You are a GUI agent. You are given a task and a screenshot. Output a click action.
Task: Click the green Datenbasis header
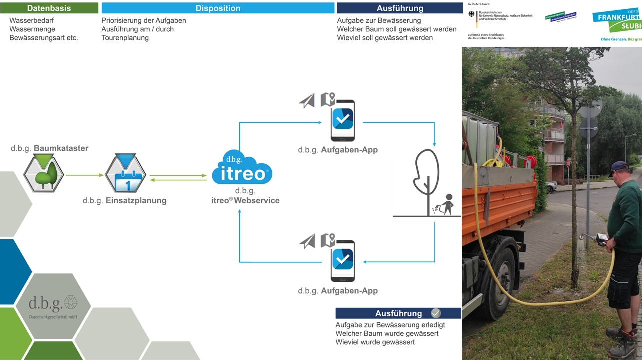[49, 8]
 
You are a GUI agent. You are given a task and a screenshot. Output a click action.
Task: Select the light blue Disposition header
[218, 8]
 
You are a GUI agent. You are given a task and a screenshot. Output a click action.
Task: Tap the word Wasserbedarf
[32, 21]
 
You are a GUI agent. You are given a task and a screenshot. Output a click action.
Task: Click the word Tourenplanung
[125, 38]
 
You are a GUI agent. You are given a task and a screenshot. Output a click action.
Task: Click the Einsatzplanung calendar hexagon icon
[125, 174]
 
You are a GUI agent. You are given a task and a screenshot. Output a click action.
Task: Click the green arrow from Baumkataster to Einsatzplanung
[84, 175]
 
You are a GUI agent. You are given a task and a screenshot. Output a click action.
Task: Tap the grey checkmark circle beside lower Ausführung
[436, 313]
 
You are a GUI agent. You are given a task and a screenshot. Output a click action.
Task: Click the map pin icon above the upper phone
[327, 99]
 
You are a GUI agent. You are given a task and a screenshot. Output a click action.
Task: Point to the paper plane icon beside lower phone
[307, 242]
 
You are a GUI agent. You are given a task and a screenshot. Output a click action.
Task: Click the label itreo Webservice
[245, 200]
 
